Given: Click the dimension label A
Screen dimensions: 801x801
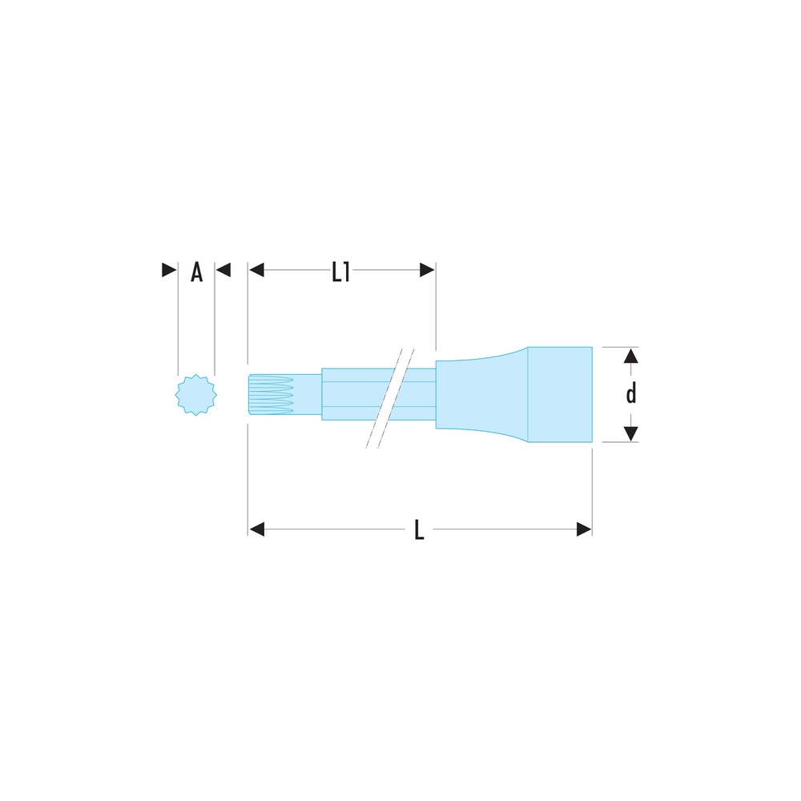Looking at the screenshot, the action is [x=197, y=272].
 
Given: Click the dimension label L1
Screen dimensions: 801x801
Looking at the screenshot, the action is [x=340, y=272].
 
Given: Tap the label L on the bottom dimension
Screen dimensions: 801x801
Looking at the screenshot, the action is [x=419, y=529].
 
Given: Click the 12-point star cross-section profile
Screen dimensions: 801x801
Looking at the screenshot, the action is [x=196, y=395].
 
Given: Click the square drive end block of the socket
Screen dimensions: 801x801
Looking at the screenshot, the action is [x=560, y=394].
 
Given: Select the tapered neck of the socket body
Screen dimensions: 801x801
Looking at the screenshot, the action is [x=481, y=394].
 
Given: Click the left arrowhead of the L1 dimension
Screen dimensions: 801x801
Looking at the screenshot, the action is [x=256, y=270].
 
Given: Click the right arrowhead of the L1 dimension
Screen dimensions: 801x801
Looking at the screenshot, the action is [x=427, y=270].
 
